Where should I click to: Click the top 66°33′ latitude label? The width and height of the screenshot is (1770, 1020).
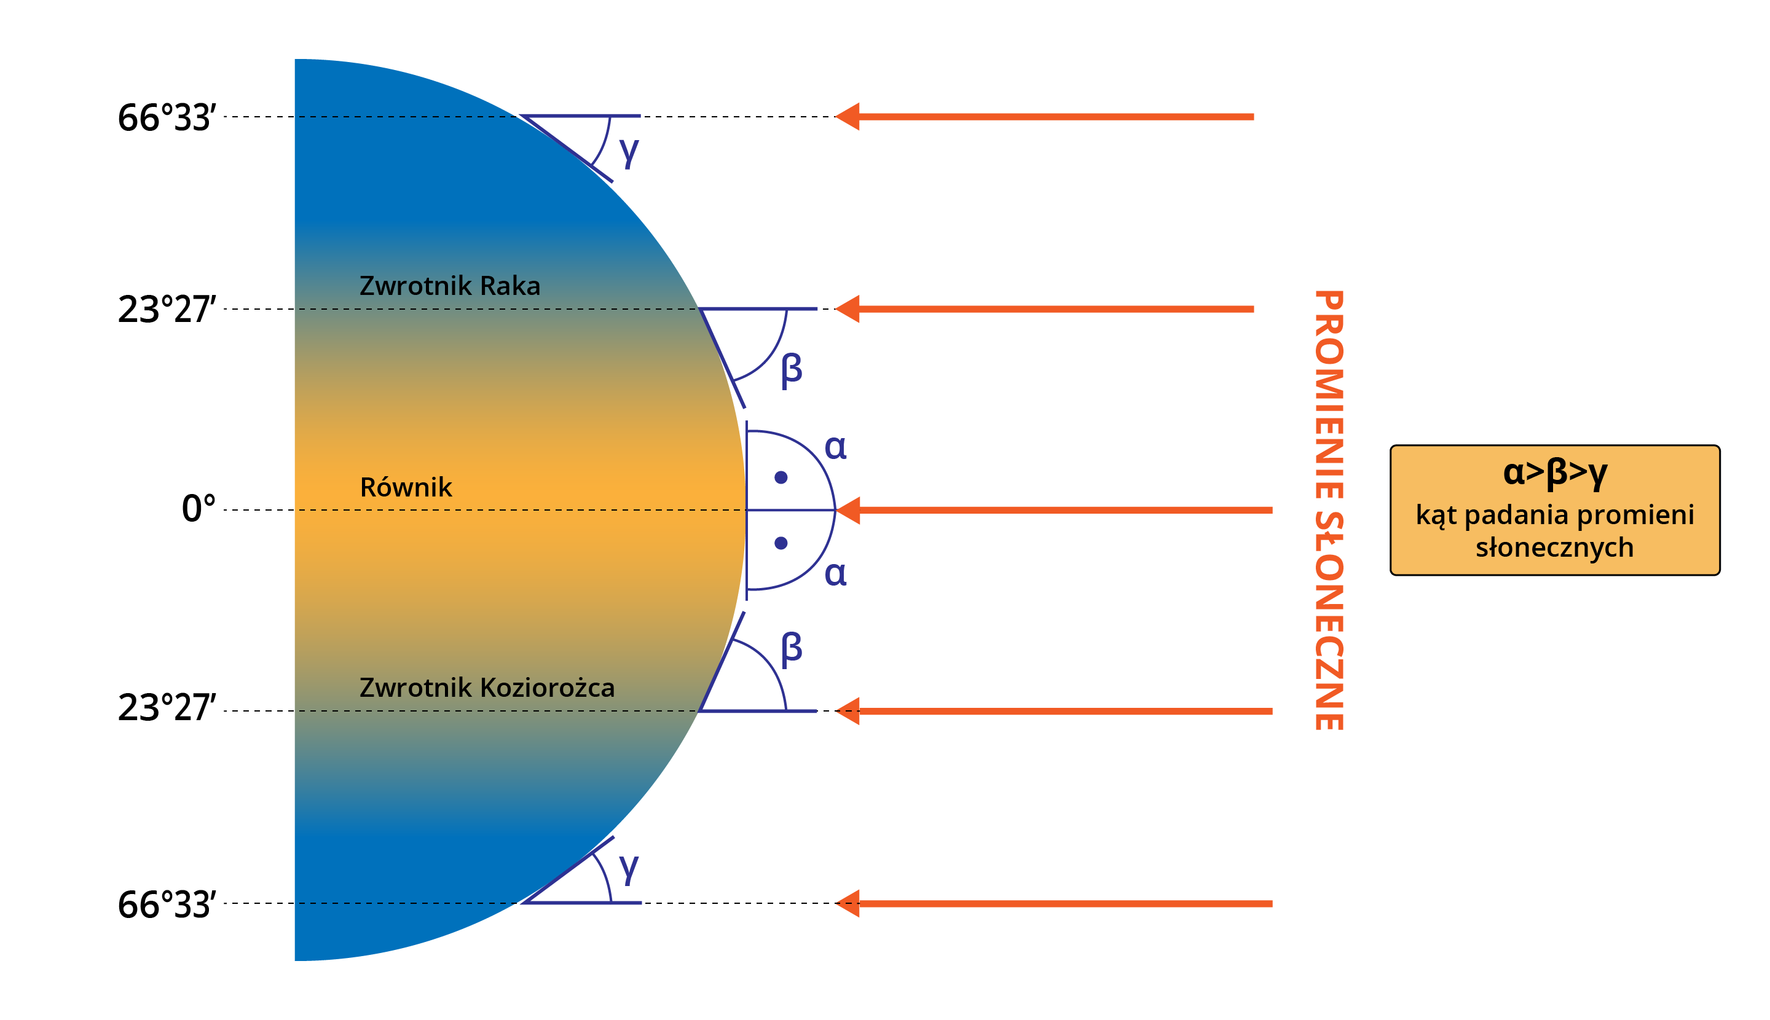[x=167, y=118]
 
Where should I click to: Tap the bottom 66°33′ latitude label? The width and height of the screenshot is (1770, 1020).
[x=167, y=905]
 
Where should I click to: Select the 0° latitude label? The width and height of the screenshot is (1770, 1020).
[x=199, y=509]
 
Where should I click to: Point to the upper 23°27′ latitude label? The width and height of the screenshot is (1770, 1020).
[x=167, y=310]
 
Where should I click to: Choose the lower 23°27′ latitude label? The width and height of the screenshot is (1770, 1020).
[x=167, y=708]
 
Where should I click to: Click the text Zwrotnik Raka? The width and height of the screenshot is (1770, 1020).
[x=450, y=286]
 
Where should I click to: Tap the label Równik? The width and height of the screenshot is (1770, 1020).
[x=406, y=487]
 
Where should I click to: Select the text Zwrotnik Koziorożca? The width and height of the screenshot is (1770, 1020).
[x=487, y=688]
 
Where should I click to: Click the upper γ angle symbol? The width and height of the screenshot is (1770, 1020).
[x=629, y=151]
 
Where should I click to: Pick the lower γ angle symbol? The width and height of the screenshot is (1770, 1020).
[x=629, y=868]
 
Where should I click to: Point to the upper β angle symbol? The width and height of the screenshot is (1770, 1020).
[x=791, y=369]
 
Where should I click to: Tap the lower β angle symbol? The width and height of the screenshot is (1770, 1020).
[x=791, y=649]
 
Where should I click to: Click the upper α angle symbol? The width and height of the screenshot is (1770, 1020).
[x=835, y=447]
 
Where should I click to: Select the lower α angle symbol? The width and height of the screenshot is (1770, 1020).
[x=835, y=574]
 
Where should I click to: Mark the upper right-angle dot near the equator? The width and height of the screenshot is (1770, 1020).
[x=781, y=478]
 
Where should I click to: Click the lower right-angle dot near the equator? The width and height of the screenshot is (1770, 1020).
[x=781, y=543]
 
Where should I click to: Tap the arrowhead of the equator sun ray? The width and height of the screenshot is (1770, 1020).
[x=849, y=510]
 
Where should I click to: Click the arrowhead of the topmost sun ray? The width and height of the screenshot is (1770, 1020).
[x=849, y=117]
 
